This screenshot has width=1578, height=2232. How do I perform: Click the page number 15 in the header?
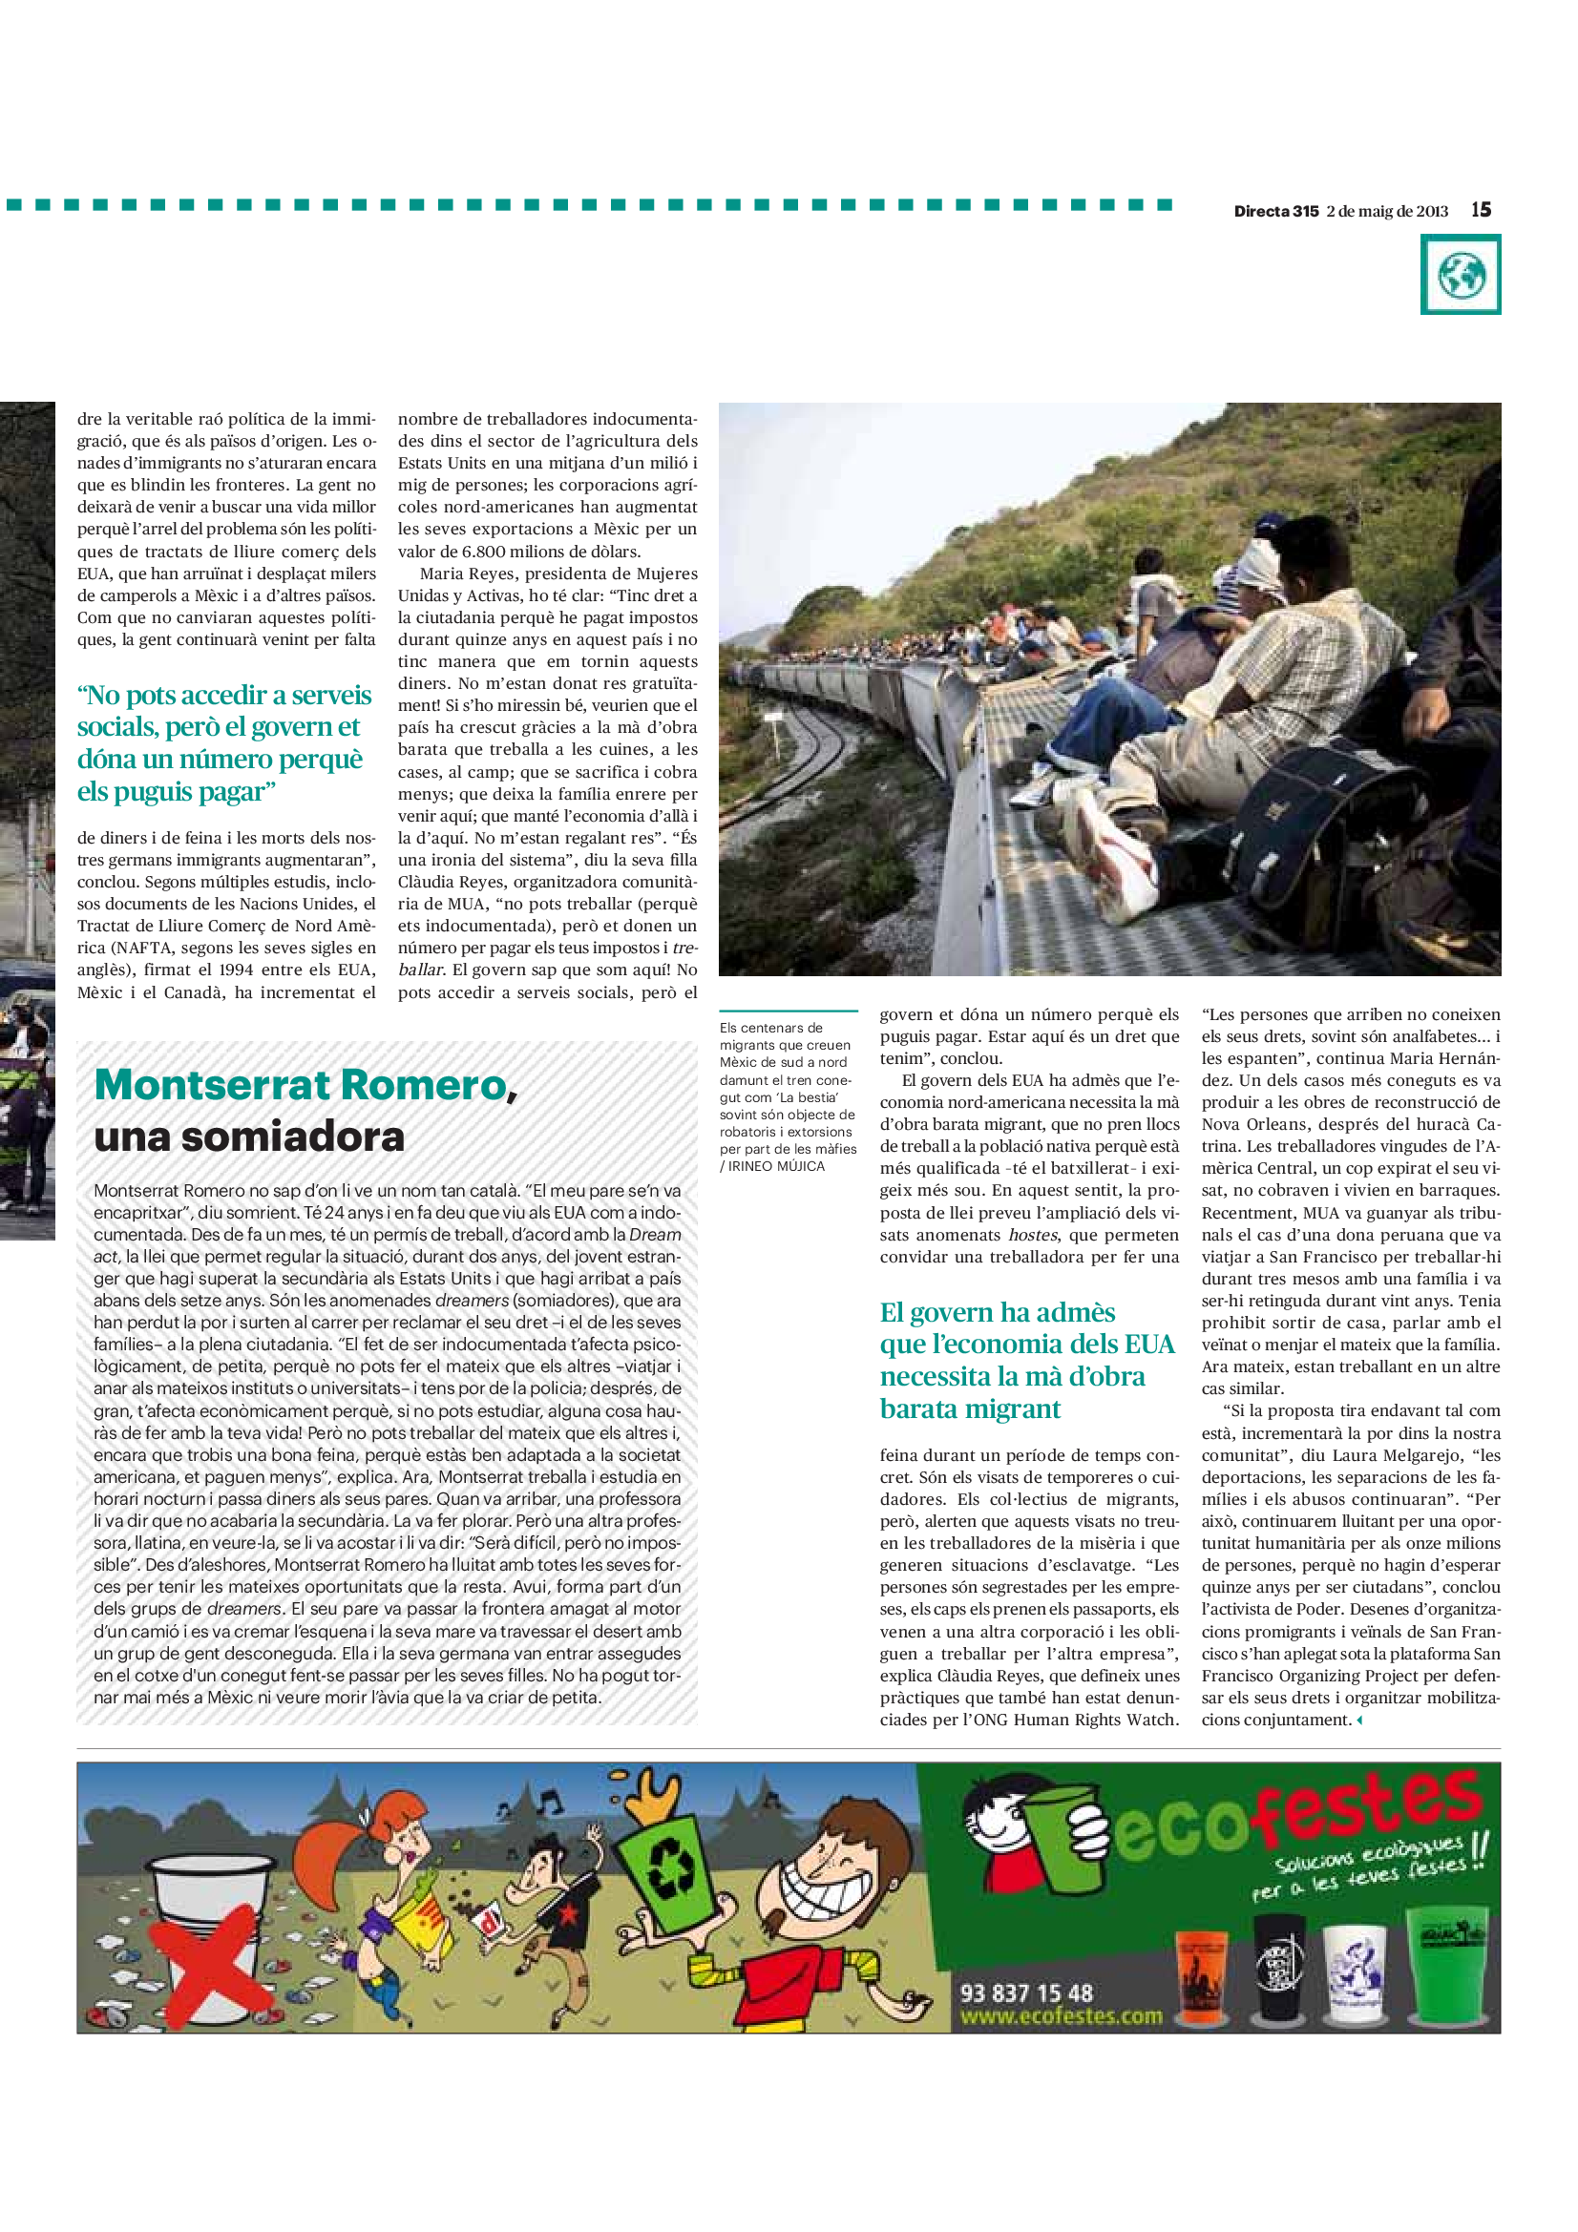[1480, 210]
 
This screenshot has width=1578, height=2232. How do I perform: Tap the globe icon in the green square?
[1461, 275]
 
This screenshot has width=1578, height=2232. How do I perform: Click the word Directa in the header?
[1262, 211]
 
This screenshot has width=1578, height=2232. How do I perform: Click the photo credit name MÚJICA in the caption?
[800, 1165]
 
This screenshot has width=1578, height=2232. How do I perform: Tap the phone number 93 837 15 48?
[1026, 1993]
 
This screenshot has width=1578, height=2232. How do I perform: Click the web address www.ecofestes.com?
[1061, 2017]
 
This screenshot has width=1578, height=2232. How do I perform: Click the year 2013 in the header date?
[1432, 211]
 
